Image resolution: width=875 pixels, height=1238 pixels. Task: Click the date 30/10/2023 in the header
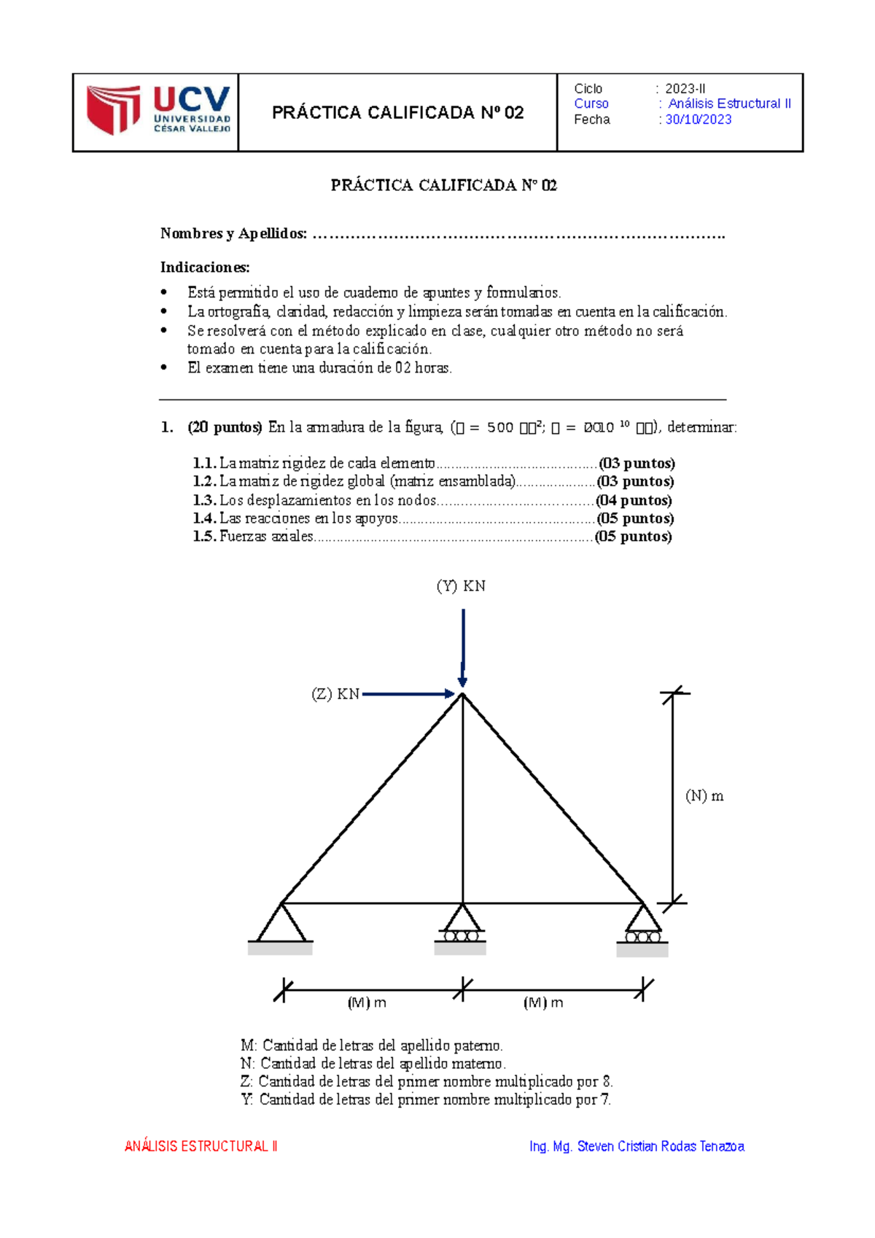point(698,120)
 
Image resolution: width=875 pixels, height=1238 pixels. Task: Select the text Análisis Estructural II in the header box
point(728,104)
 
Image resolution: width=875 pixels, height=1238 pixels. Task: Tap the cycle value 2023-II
point(685,89)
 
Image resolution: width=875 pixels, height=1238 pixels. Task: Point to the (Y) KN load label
point(461,586)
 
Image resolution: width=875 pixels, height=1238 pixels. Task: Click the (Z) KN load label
point(335,694)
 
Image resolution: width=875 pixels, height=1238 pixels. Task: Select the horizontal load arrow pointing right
point(408,694)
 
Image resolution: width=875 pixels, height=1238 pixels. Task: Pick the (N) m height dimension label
point(704,796)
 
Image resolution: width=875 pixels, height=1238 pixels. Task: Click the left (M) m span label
point(367,1003)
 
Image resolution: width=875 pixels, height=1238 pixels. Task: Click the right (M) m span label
point(543,1003)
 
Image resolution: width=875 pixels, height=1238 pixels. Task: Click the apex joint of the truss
point(462,695)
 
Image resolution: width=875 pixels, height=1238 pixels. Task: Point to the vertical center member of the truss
point(462,802)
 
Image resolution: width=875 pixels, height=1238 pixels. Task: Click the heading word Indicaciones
point(205,268)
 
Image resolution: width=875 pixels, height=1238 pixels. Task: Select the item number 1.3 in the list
point(204,501)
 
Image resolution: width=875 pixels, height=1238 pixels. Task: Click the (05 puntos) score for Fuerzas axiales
point(633,537)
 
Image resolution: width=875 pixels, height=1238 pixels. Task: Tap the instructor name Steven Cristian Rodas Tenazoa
point(660,1147)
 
